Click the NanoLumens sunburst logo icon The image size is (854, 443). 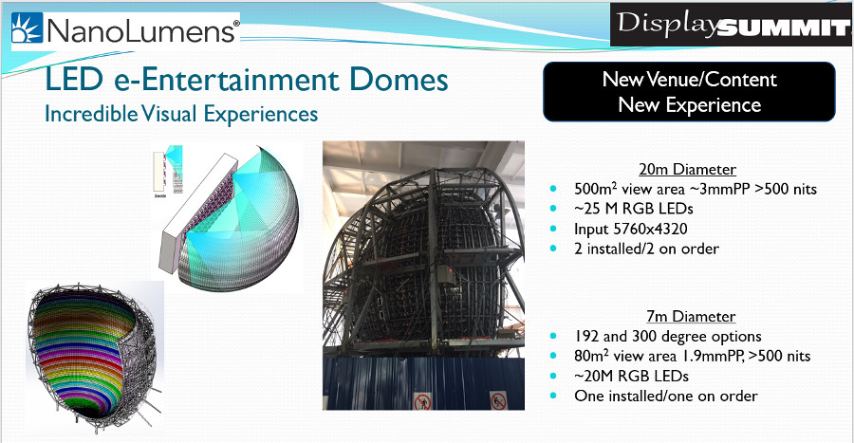coord(27,28)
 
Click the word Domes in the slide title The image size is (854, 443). coord(399,79)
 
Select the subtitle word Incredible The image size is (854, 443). coord(91,114)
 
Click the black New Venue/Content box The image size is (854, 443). coord(689,91)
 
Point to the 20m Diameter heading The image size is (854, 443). coord(687,169)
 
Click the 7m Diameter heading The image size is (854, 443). coord(691,316)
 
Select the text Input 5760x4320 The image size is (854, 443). coord(631,229)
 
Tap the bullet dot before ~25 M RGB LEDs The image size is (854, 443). coord(554,209)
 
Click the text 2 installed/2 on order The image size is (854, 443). coord(646,249)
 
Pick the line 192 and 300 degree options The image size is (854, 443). coord(668,337)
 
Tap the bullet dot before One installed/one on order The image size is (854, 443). coord(554,396)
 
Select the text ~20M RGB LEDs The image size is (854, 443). coord(631,376)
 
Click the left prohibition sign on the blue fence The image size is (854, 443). coord(422,401)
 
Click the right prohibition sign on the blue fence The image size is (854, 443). coord(498,401)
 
